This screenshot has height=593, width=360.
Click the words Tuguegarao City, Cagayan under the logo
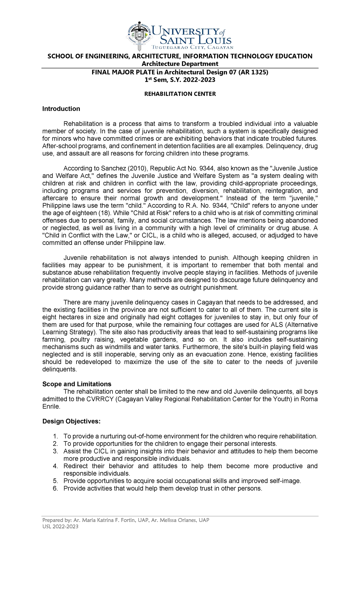(x=192, y=47)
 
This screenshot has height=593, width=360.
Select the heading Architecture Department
(x=180, y=64)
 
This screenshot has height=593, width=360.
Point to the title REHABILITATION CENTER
(x=180, y=94)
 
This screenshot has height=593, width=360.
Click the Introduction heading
(x=61, y=109)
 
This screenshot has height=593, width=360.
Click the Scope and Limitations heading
(x=77, y=384)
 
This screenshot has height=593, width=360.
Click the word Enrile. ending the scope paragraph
(x=51, y=407)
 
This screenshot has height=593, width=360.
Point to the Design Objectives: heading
(x=71, y=421)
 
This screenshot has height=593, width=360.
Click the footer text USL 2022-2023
(x=60, y=527)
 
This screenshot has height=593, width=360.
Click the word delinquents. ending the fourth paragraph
(x=59, y=369)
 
